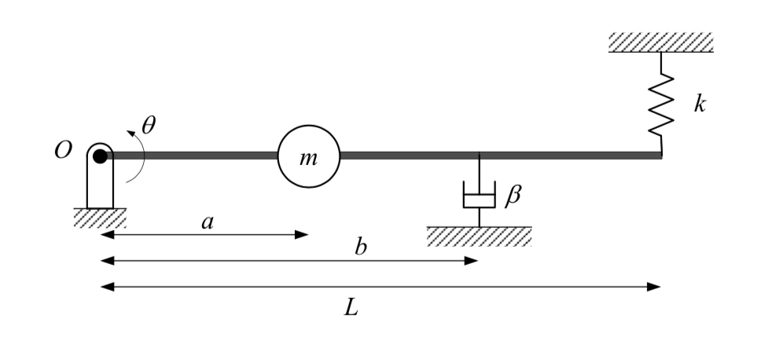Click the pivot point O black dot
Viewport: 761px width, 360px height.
point(100,156)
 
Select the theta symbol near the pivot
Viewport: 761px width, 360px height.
point(149,124)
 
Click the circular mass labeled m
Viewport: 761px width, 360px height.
point(308,156)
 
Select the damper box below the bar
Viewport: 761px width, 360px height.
point(479,195)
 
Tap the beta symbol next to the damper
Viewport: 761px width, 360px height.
point(512,194)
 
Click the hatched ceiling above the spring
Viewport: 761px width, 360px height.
point(660,42)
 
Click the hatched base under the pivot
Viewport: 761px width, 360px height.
point(100,218)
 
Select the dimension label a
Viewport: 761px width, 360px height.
point(208,222)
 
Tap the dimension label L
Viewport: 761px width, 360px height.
point(351,307)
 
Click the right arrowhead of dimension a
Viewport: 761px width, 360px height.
point(301,234)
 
